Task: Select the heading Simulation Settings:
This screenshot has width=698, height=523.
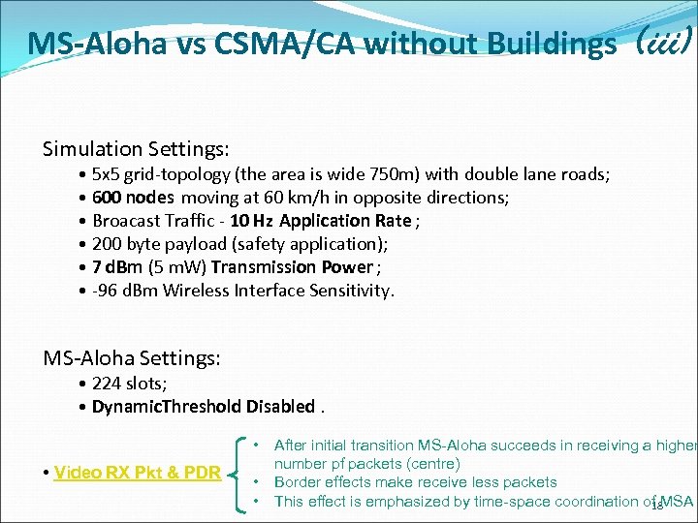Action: click(136, 149)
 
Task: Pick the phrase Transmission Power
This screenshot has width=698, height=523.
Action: click(292, 267)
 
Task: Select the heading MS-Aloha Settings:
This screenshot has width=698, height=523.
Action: click(132, 358)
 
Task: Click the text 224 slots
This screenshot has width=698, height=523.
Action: click(129, 384)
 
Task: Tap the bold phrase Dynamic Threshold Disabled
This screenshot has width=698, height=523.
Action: click(204, 407)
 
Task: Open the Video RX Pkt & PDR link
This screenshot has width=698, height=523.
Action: click(138, 473)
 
